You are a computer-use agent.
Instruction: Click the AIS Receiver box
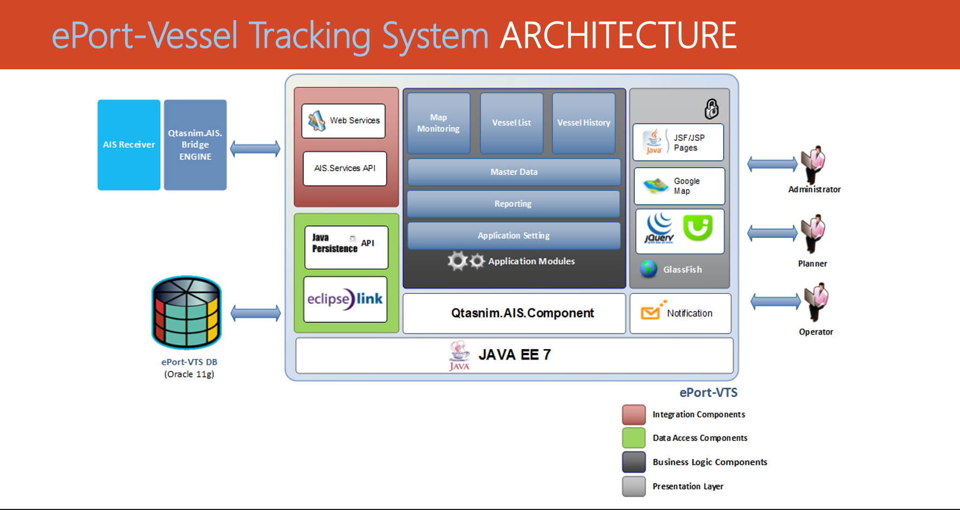[129, 145]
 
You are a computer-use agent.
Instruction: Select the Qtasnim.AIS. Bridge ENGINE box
[195, 145]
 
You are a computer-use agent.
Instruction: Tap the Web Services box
[344, 121]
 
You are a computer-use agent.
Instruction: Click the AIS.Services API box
[345, 168]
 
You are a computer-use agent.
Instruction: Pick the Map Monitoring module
[438, 123]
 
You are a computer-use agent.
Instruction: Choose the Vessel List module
[511, 123]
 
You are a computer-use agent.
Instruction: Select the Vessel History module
[584, 123]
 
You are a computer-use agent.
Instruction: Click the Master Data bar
[514, 172]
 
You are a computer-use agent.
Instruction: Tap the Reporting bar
[513, 204]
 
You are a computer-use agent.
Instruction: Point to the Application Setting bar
[514, 236]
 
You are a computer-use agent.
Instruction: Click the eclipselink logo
[345, 299]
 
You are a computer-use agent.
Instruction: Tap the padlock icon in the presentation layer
[712, 109]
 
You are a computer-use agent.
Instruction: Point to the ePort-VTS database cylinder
[187, 312]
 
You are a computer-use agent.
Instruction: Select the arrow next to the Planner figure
[772, 233]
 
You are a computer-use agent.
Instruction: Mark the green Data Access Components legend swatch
[634, 438]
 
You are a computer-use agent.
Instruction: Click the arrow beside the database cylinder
[255, 313]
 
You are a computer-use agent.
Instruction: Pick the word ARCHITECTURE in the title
[618, 36]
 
